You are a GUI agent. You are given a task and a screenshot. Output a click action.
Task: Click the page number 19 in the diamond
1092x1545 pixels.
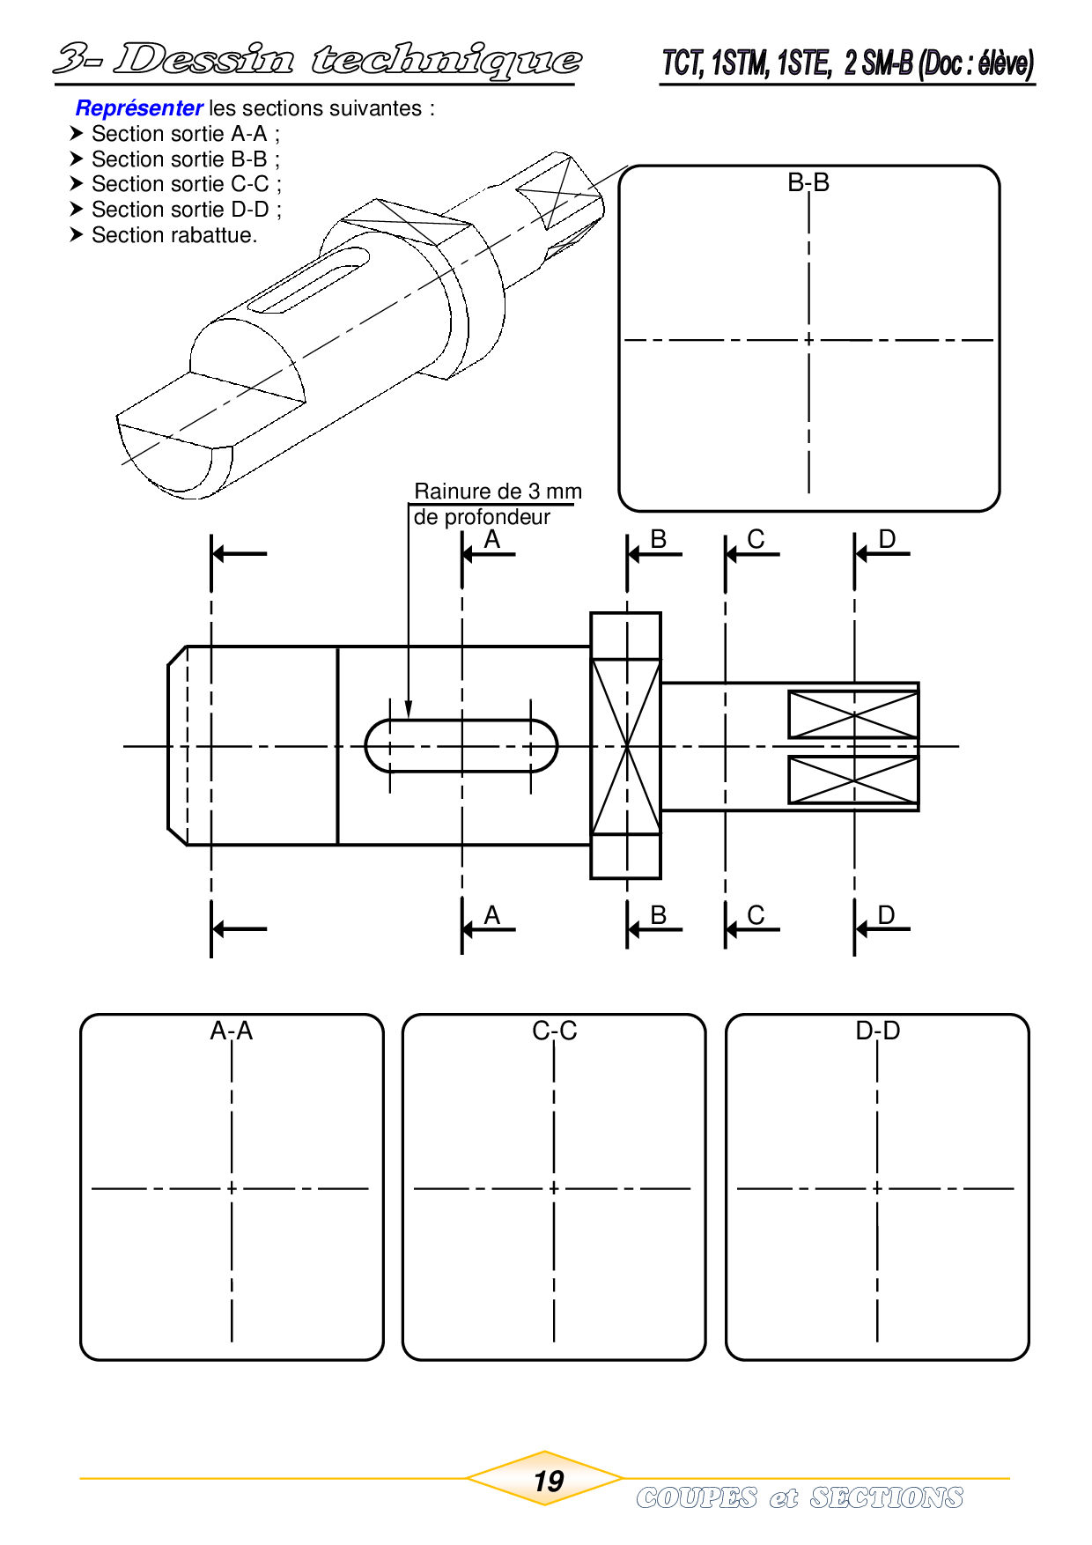click(549, 1481)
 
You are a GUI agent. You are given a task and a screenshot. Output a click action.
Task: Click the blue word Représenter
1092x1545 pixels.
click(139, 108)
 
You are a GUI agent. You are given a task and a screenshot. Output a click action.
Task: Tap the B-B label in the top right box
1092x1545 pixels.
click(808, 182)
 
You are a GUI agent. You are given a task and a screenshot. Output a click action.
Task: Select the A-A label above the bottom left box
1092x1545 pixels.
click(232, 1031)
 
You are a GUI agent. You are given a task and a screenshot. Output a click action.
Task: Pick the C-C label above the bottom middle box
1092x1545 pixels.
click(555, 1031)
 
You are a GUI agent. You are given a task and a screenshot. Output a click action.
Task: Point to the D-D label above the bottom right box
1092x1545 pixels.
click(878, 1031)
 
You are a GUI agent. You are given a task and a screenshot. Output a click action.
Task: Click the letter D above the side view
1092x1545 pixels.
click(887, 539)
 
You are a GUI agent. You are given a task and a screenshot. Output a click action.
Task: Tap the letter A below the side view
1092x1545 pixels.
click(492, 915)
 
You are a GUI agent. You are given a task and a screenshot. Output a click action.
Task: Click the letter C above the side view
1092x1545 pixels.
click(756, 539)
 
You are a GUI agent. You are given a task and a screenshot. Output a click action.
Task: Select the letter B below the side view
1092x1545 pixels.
click(658, 915)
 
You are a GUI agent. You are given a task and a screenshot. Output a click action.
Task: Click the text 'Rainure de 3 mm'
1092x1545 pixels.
click(498, 492)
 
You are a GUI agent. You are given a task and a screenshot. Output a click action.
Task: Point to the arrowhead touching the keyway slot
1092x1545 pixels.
click(409, 710)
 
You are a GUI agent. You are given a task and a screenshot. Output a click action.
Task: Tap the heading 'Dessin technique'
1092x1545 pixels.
click(348, 60)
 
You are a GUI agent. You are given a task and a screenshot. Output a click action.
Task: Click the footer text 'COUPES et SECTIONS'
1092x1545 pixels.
click(800, 1497)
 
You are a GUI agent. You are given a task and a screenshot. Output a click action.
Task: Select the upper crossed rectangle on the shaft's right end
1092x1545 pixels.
click(853, 714)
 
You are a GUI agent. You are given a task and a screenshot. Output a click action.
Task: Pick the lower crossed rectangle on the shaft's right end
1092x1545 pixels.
click(853, 780)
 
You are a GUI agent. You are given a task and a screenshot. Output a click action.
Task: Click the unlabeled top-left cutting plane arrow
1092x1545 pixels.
click(240, 554)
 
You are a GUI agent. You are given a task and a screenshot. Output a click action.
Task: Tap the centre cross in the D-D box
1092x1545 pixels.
click(878, 1189)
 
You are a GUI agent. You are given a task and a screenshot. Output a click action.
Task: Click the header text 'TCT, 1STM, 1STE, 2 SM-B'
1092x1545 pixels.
click(787, 63)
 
